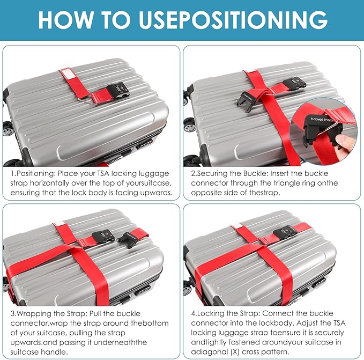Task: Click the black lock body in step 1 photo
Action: point(117,91)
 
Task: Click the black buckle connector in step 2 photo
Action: point(247,100)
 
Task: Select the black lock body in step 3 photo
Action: point(103,236)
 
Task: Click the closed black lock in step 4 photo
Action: point(285,232)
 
